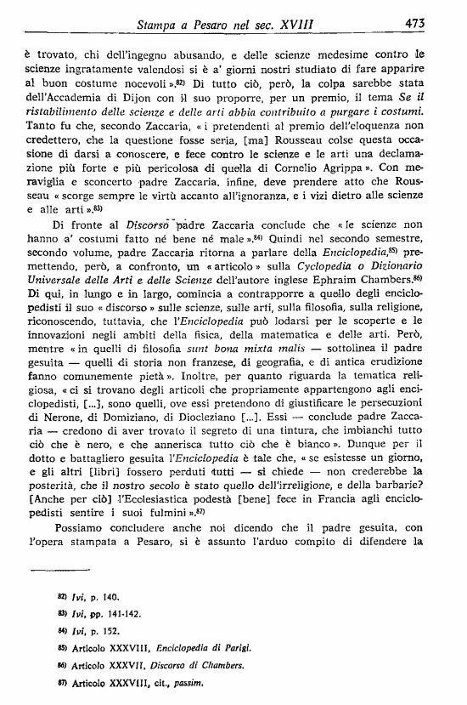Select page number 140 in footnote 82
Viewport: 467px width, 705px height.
point(112,598)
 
